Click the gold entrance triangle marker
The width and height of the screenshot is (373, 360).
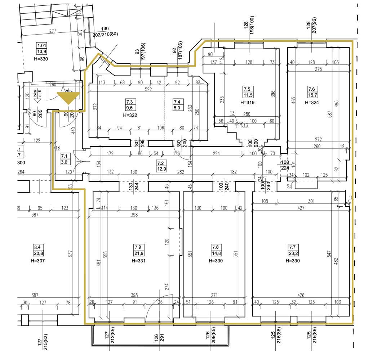tap(68, 98)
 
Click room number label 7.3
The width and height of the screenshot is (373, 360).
tap(129, 102)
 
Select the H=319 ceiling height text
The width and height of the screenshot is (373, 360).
tap(247, 103)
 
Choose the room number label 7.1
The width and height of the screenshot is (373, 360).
tap(65, 156)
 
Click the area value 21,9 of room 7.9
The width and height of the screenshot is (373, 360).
tap(138, 253)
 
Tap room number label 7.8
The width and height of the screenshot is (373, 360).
tap(215, 247)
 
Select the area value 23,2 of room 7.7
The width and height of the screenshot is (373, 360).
tap(293, 253)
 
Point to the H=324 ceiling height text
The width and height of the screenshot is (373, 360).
tap(312, 103)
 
